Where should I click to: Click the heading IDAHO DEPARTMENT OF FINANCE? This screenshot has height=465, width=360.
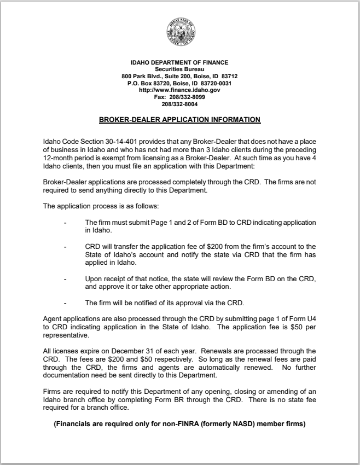click(x=179, y=62)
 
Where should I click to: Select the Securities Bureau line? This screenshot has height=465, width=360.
click(x=179, y=69)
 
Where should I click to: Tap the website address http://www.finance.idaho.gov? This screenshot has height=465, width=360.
click(x=179, y=90)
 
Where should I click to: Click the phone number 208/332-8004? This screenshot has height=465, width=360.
click(x=179, y=104)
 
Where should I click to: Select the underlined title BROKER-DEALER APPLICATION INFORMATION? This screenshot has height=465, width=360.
click(x=179, y=119)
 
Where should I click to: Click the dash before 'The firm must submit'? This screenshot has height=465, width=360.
click(x=65, y=223)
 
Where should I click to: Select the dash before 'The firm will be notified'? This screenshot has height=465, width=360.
click(x=65, y=303)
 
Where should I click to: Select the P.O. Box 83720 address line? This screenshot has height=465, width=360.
click(x=179, y=83)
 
